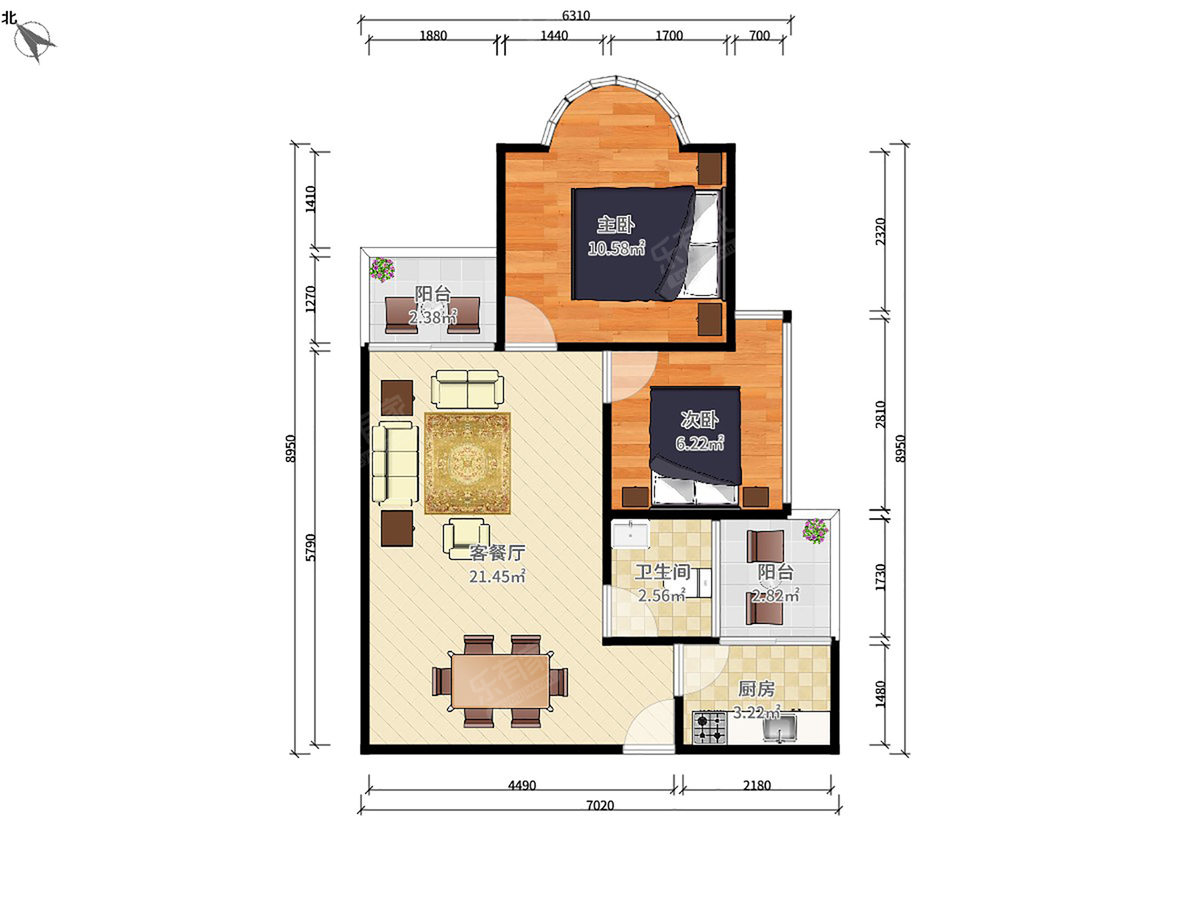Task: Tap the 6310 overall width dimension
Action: (x=576, y=15)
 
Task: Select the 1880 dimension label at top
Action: (x=433, y=36)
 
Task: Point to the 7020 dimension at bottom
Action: (x=600, y=805)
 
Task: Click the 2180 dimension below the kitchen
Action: (x=757, y=786)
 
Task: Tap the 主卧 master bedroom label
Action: (x=616, y=225)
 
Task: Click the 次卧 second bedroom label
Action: (x=699, y=420)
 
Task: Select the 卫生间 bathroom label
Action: (x=663, y=572)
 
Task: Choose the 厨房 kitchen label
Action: (x=757, y=689)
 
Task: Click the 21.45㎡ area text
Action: (x=497, y=576)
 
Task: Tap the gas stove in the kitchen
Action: (x=710, y=727)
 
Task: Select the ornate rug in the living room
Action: (x=467, y=463)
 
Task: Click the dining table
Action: (x=500, y=681)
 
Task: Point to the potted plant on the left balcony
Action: (x=382, y=269)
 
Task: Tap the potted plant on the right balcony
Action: (x=815, y=531)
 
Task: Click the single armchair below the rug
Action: (x=466, y=538)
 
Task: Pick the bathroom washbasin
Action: (x=630, y=534)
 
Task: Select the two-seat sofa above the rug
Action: (x=467, y=389)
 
